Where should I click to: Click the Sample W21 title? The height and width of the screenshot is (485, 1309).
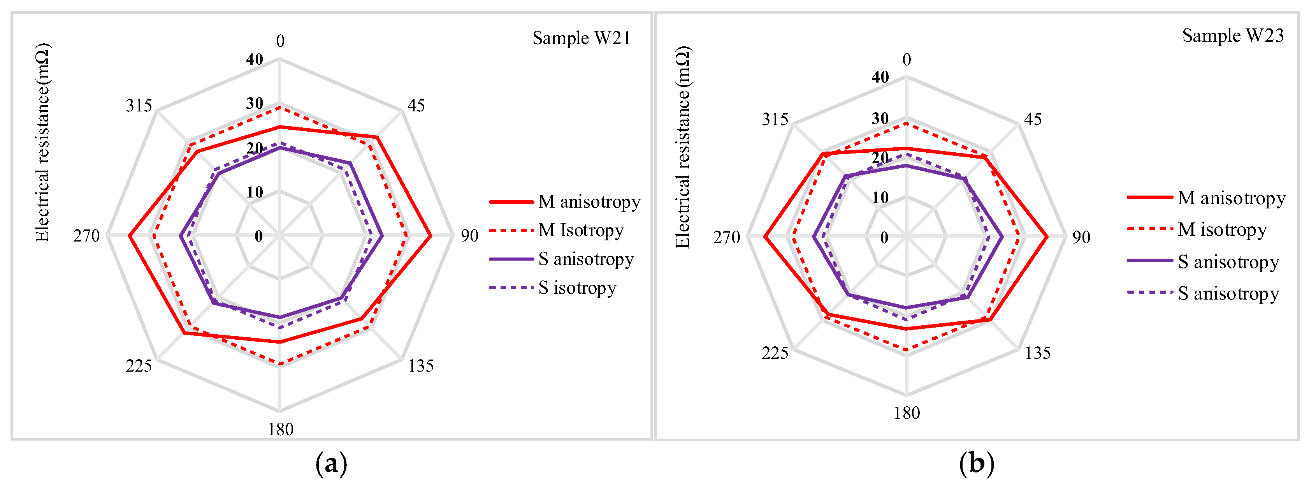click(x=582, y=38)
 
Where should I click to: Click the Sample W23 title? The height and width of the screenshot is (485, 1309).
click(x=1233, y=35)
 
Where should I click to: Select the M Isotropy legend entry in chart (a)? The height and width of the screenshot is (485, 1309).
click(x=581, y=230)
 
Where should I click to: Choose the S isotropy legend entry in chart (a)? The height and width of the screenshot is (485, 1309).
click(x=577, y=288)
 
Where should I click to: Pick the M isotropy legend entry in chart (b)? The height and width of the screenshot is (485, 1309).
click(x=1222, y=229)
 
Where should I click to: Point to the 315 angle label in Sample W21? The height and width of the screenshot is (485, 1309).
click(x=139, y=106)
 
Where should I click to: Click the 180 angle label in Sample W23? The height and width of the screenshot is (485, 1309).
click(x=907, y=413)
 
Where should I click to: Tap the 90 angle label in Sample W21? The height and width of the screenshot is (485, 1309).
click(x=469, y=236)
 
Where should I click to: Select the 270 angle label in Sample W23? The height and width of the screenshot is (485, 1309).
click(x=726, y=237)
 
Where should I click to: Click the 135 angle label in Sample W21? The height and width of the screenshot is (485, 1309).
click(x=421, y=366)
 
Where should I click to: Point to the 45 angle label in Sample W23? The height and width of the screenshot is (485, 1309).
click(x=1033, y=120)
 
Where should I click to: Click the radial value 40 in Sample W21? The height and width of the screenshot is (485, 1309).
click(x=255, y=60)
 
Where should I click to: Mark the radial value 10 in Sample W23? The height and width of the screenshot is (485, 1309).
click(x=880, y=197)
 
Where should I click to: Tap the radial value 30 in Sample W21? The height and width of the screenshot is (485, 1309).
click(x=255, y=104)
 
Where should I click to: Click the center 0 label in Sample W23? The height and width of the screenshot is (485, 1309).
click(x=884, y=237)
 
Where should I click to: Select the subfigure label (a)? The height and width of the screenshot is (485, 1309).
click(x=331, y=464)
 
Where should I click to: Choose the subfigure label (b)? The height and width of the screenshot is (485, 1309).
click(x=976, y=464)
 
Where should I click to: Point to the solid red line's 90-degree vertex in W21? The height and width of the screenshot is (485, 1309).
click(x=431, y=236)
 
